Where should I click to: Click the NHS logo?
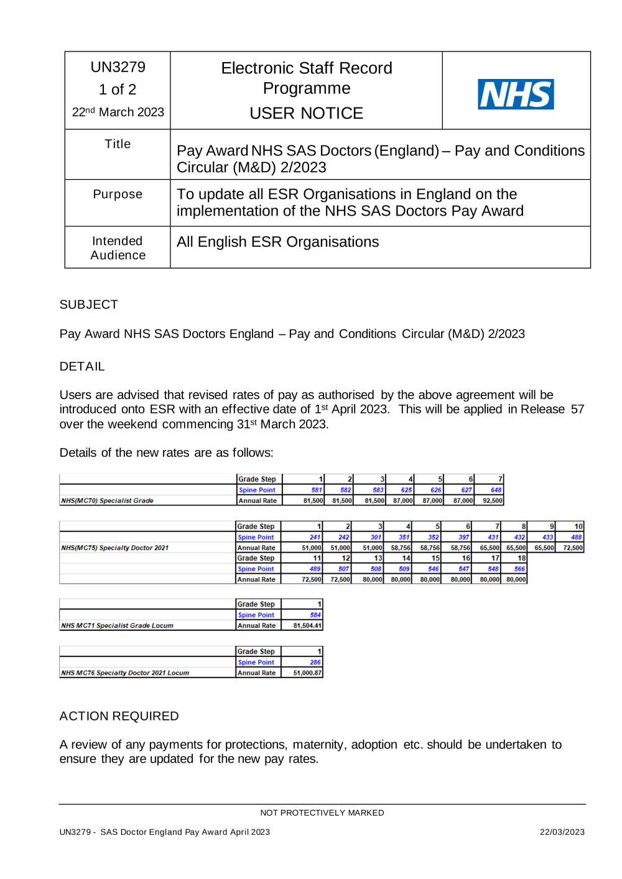pyautogui.click(x=516, y=94)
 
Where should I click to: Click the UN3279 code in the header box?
pyautogui.click(x=118, y=67)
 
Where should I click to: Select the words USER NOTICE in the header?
pyautogui.click(x=306, y=113)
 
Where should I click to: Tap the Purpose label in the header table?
pyautogui.click(x=118, y=194)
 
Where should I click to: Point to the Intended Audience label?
pyautogui.click(x=118, y=248)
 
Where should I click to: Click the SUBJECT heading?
pyautogui.click(x=88, y=305)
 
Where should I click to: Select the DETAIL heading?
pyautogui.click(x=82, y=366)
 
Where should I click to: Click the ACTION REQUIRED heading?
pyautogui.click(x=119, y=716)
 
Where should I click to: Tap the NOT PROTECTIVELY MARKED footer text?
pyautogui.click(x=322, y=812)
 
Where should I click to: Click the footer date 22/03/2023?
pyautogui.click(x=562, y=832)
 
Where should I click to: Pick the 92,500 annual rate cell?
pyautogui.click(x=492, y=500)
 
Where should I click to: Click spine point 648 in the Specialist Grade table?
pyautogui.click(x=496, y=490)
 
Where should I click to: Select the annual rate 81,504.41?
pyautogui.click(x=307, y=625)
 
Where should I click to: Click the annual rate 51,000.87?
pyautogui.click(x=307, y=673)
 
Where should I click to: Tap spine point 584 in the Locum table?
pyautogui.click(x=315, y=615)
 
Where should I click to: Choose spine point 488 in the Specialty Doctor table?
pyautogui.click(x=576, y=537)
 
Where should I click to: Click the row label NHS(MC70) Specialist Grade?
pyautogui.click(x=107, y=500)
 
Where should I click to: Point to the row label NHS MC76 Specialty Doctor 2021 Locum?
pyautogui.click(x=125, y=673)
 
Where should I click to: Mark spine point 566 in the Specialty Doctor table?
pyautogui.click(x=519, y=569)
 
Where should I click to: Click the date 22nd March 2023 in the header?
pyautogui.click(x=118, y=112)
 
